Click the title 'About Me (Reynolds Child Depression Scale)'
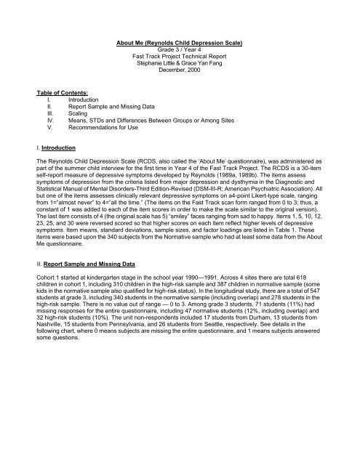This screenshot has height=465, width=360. (179, 44)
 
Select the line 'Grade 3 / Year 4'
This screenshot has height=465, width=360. (179, 51)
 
